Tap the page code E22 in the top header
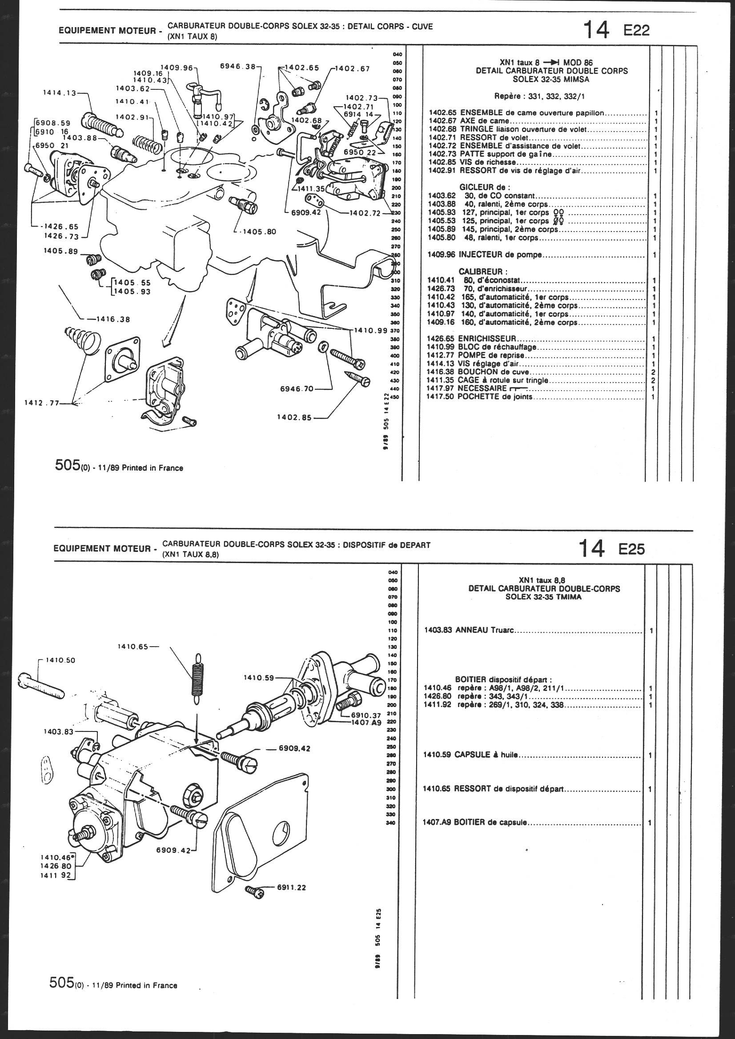pos(637,30)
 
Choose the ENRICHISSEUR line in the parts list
pos(487,339)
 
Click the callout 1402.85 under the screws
pos(294,418)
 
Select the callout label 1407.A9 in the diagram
pos(367,723)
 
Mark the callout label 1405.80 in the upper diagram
pos(260,231)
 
